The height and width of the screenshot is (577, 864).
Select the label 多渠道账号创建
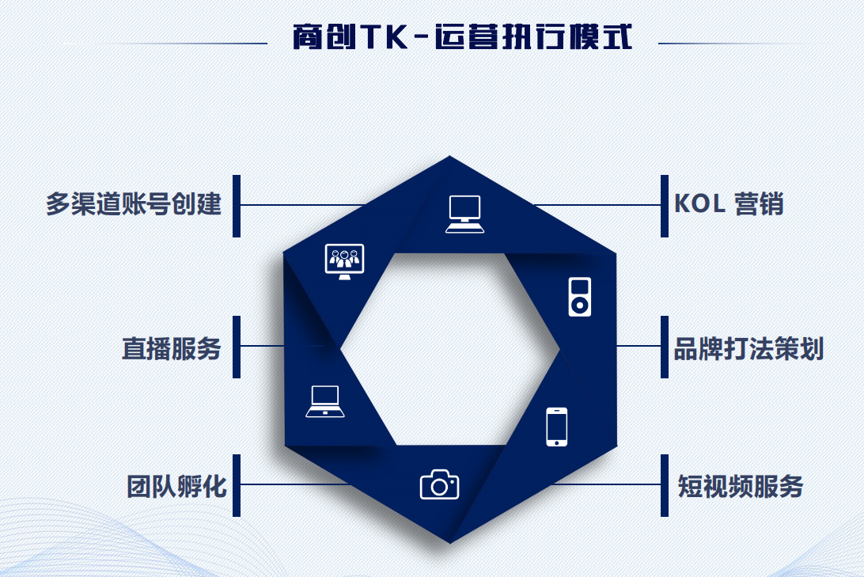click(133, 205)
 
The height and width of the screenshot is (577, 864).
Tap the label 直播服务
click(171, 348)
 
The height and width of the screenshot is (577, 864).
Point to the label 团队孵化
click(177, 485)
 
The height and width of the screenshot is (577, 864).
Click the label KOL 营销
click(729, 204)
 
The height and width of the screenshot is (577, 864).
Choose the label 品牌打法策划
click(748, 348)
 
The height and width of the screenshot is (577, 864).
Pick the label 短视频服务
click(741, 485)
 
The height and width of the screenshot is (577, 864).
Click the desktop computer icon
click(464, 214)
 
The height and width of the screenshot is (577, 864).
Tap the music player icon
click(579, 297)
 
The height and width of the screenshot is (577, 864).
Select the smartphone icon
click(557, 427)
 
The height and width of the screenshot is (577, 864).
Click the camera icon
click(439, 484)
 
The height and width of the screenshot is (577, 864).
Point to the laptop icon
click(325, 401)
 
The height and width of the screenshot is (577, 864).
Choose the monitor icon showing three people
click(344, 261)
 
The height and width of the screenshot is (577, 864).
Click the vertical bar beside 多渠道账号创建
click(236, 205)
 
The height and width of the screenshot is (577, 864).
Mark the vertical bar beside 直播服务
click(236, 347)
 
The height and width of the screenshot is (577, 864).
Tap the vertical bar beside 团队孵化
click(236, 485)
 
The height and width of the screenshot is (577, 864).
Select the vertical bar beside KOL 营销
click(665, 205)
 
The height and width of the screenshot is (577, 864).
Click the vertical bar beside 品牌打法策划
click(665, 347)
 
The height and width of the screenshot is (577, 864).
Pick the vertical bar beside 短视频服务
click(665, 485)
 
